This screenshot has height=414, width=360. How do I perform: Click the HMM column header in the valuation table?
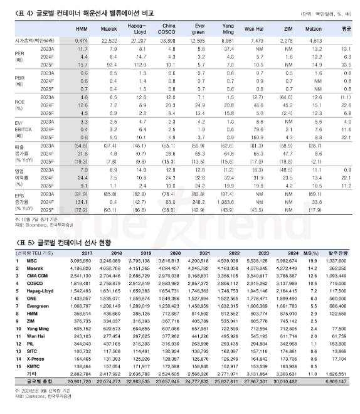pos(82,29)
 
